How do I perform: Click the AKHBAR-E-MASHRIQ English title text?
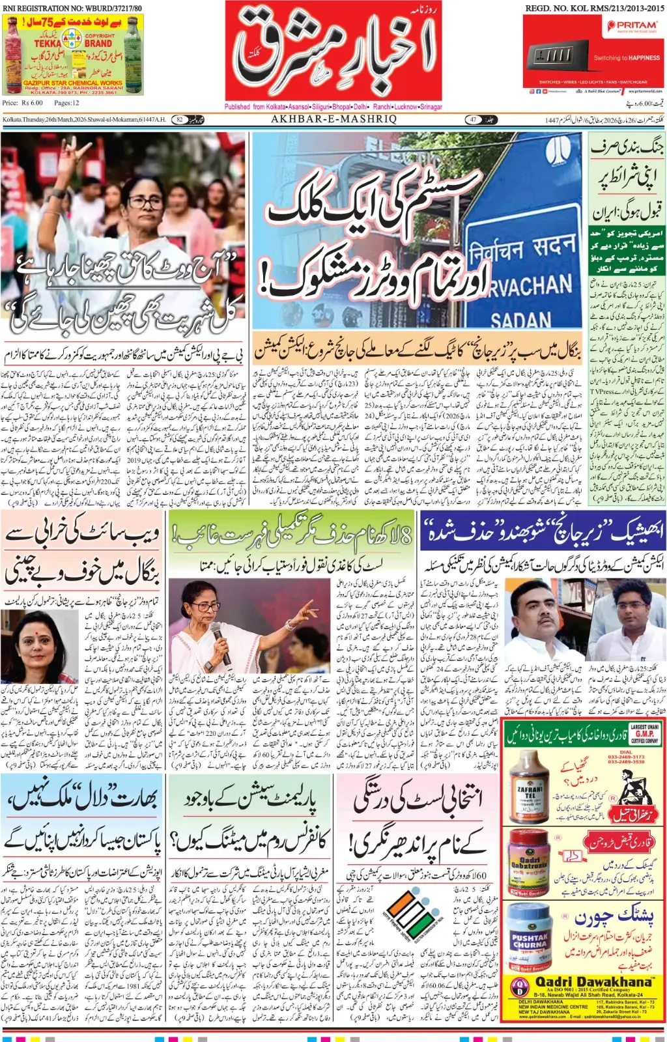(x=333, y=119)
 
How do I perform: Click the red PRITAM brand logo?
(x=632, y=25)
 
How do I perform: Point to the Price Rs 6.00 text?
(x=22, y=103)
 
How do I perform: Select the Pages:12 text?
(x=67, y=103)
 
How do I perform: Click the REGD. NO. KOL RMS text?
(x=594, y=8)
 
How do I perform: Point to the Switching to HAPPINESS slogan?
(x=626, y=58)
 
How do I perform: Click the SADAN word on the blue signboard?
(x=520, y=319)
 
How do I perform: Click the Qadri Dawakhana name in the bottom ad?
(x=593, y=981)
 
